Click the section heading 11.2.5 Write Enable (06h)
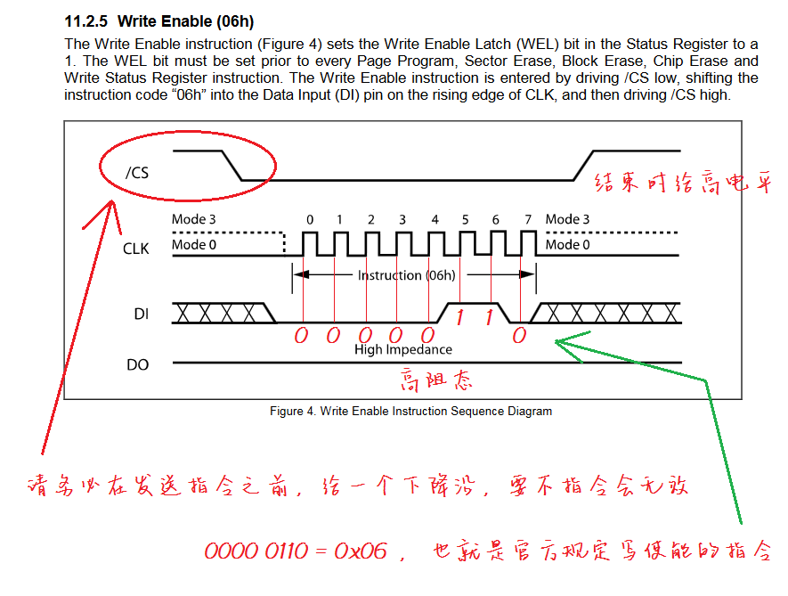166,20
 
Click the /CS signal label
137,172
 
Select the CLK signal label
136,249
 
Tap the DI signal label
141,314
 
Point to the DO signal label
139,364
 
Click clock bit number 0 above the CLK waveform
309,219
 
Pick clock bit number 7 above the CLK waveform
527,219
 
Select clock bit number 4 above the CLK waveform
435,219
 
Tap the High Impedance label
402,349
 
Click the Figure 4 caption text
410,411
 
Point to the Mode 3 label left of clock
194,219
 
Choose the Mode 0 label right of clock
567,244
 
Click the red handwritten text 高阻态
436,380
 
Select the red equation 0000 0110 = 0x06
296,551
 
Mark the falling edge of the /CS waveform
233,165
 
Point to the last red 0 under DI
519,335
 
